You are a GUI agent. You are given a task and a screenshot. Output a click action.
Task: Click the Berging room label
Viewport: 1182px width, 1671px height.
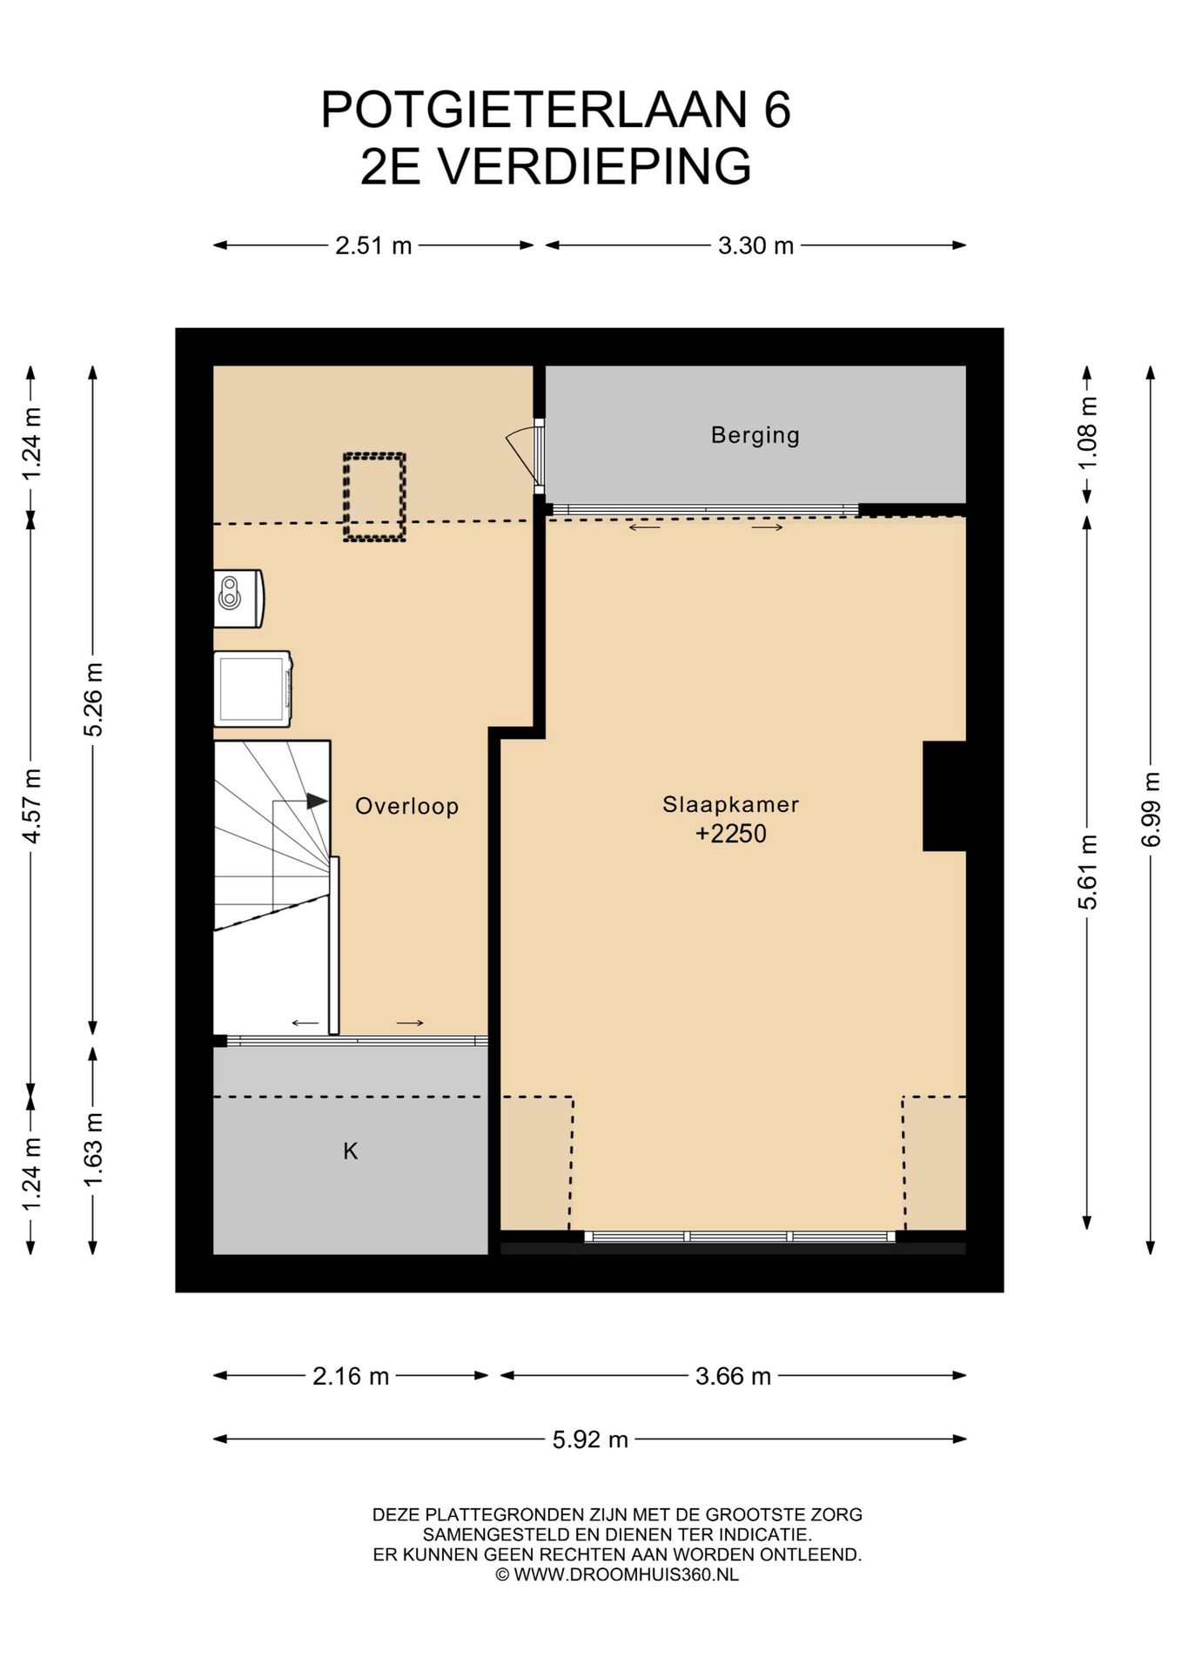755,435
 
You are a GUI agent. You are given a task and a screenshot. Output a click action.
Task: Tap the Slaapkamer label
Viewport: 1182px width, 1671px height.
730,804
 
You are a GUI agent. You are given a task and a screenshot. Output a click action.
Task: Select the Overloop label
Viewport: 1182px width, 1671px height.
406,806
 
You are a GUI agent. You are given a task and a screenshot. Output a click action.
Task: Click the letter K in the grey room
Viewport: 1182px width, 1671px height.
350,1151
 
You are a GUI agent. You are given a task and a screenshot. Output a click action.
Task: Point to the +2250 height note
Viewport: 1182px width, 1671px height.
730,834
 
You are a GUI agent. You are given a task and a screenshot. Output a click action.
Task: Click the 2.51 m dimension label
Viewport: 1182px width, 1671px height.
373,245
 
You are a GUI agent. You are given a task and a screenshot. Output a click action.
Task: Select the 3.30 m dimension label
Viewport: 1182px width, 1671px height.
756,245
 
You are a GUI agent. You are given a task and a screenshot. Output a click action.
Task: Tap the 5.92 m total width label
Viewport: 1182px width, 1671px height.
590,1439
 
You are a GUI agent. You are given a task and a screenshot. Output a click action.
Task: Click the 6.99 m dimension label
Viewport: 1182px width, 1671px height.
1151,809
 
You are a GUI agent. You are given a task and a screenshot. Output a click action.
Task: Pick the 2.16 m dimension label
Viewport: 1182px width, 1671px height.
351,1376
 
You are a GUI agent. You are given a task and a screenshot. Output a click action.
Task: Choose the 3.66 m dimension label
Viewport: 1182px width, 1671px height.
733,1376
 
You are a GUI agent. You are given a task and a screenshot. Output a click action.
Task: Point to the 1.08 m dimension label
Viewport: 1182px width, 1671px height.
1087,433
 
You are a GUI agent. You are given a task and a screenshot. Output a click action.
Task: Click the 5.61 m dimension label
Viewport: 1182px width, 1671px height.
1087,872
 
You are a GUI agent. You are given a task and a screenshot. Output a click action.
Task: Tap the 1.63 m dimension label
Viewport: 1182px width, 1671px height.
93,1150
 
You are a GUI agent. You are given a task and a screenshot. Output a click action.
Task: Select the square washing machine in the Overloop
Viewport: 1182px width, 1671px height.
252,688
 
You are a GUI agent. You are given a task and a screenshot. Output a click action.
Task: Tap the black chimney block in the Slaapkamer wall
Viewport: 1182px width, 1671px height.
944,795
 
